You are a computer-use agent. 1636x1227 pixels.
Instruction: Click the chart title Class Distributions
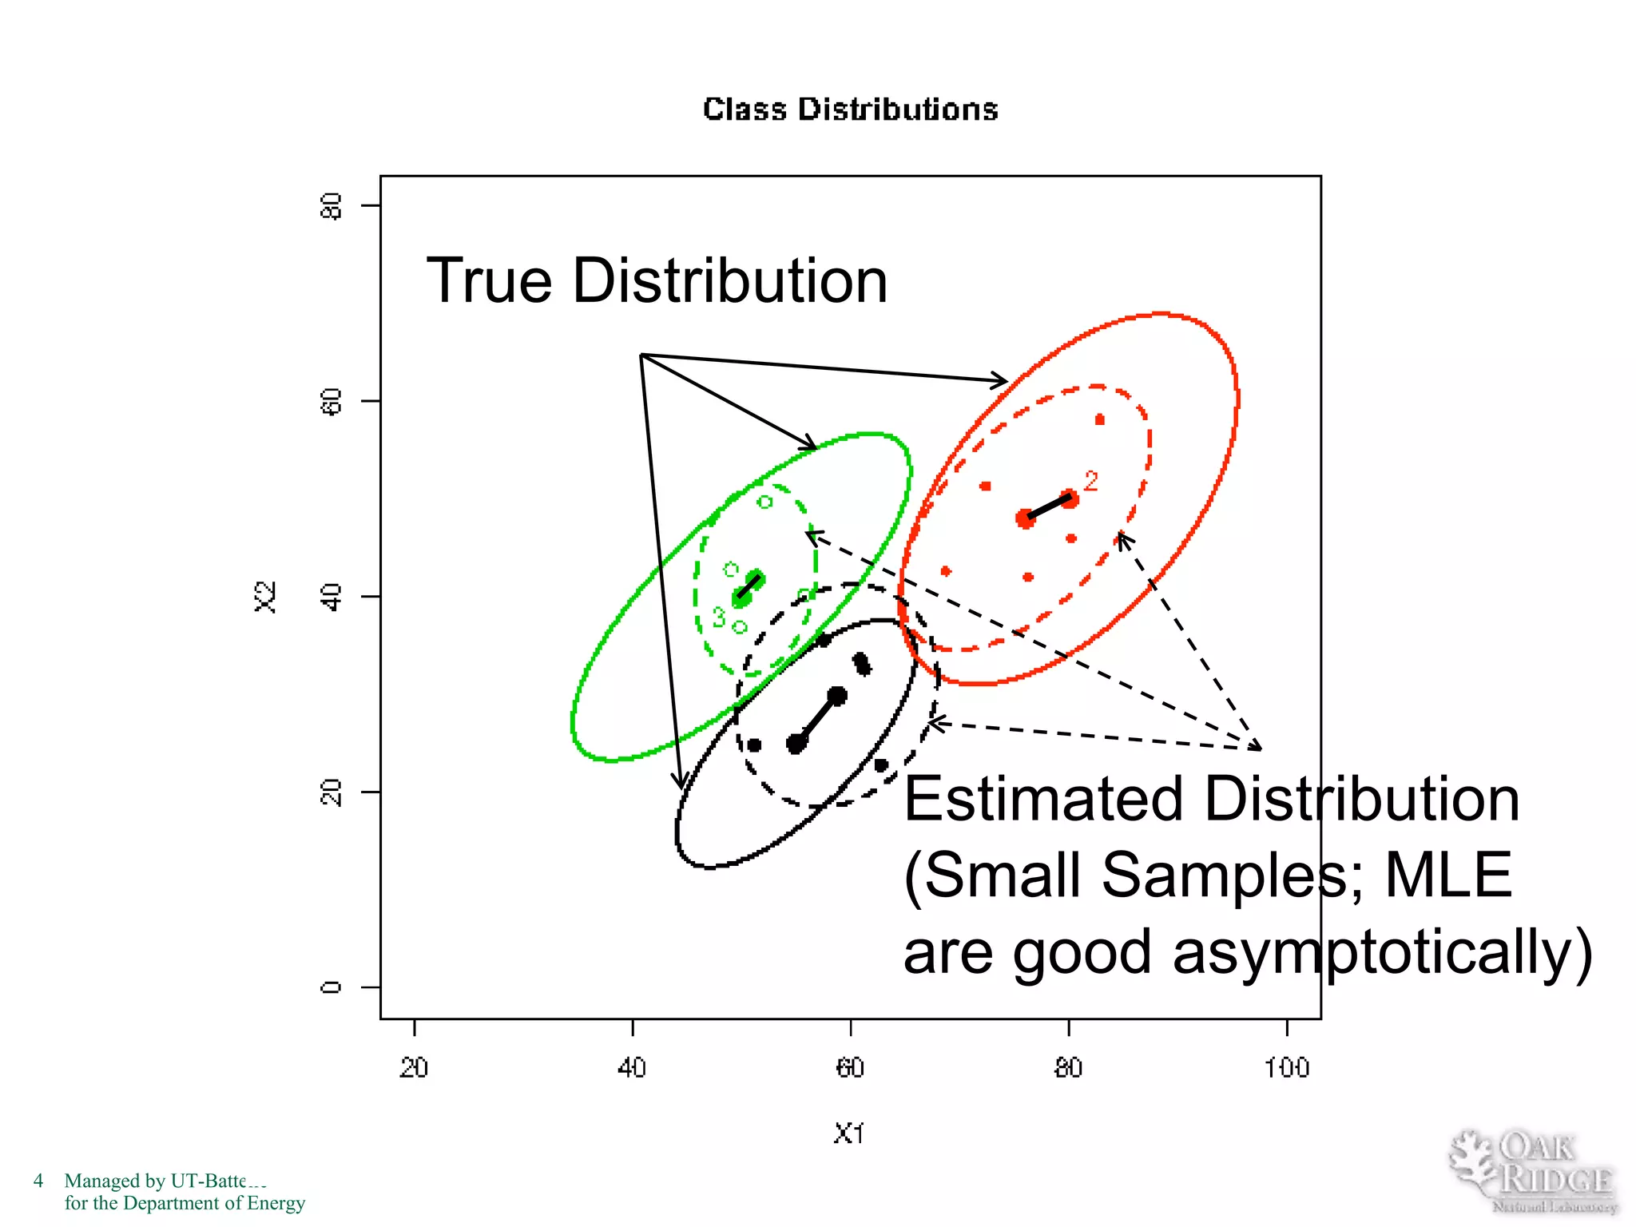(x=850, y=109)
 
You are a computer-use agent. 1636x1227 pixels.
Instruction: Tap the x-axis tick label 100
(x=1286, y=1068)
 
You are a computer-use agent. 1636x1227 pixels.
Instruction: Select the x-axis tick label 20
(x=414, y=1068)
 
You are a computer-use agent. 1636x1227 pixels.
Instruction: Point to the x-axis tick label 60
(x=850, y=1068)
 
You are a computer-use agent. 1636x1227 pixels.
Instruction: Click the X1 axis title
(x=848, y=1134)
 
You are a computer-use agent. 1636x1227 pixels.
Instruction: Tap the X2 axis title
(x=266, y=597)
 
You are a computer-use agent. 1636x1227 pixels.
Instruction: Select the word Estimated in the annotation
(x=1042, y=799)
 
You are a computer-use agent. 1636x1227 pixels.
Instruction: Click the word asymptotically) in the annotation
(x=1382, y=952)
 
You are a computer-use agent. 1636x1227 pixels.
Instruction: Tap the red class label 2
(x=1091, y=481)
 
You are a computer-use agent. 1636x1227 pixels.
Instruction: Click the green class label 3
(x=719, y=617)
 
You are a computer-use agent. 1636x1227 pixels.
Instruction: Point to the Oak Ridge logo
(x=1532, y=1171)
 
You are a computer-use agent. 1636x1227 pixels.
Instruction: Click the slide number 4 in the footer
(x=38, y=1181)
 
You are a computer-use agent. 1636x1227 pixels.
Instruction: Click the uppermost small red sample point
(x=1100, y=419)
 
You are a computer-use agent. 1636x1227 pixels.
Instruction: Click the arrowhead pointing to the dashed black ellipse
(x=936, y=724)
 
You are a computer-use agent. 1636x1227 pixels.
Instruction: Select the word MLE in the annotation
(x=1447, y=876)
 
